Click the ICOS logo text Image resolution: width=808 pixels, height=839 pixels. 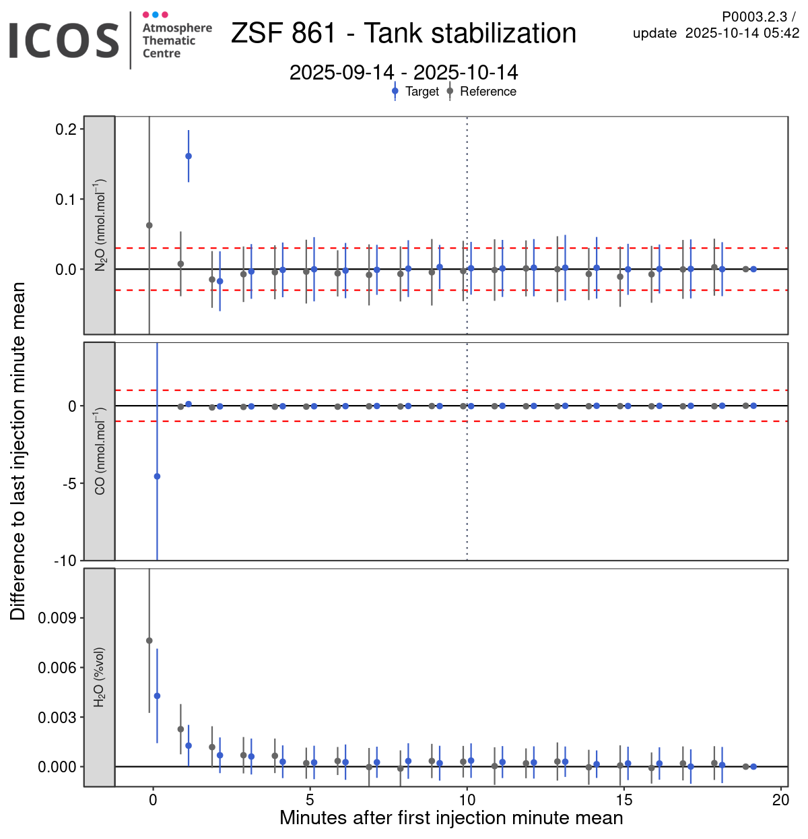[64, 40]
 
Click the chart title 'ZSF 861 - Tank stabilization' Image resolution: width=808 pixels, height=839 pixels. [403, 33]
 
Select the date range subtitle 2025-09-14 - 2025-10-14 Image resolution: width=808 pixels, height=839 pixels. [403, 72]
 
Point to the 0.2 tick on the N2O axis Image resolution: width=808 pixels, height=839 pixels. [65, 129]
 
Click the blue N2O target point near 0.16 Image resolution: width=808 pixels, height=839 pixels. [189, 156]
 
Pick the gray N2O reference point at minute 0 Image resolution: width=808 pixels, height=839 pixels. [149, 225]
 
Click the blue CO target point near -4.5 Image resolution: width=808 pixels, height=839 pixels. [157, 476]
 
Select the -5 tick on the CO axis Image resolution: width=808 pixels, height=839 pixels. [68, 484]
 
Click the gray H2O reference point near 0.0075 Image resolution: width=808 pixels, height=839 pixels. [149, 641]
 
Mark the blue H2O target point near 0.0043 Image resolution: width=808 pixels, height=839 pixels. [157, 696]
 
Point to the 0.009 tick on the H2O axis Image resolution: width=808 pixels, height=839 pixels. [57, 618]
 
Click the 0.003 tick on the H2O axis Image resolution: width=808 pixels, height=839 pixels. [57, 718]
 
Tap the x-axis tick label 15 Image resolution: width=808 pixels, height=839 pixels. [624, 801]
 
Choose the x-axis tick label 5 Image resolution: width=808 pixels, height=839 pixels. [310, 801]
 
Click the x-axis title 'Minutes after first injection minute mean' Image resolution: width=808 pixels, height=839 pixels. [451, 818]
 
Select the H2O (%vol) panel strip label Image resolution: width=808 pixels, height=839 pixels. [100, 677]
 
